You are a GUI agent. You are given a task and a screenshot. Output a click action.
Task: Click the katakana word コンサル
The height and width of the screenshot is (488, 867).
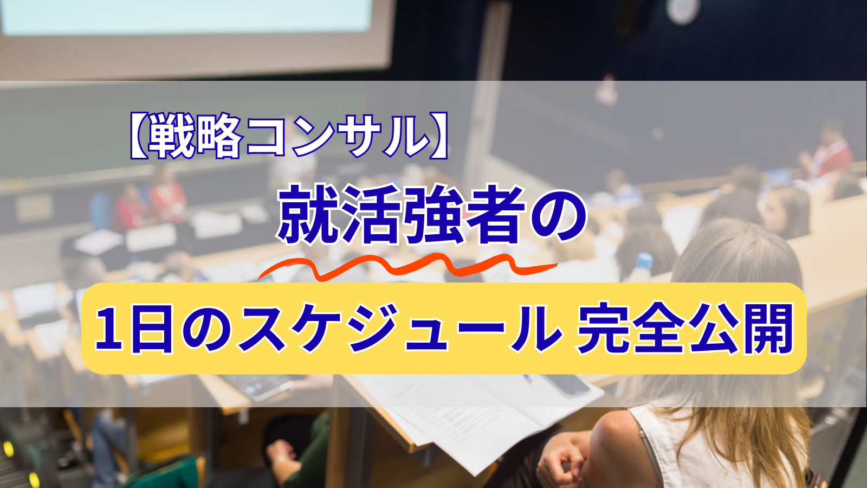coord(336,136)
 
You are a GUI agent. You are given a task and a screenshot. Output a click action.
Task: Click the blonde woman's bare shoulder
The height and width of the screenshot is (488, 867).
coord(612,434)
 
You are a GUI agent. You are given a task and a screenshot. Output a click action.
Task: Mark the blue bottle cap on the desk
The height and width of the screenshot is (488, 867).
coord(644,260)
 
